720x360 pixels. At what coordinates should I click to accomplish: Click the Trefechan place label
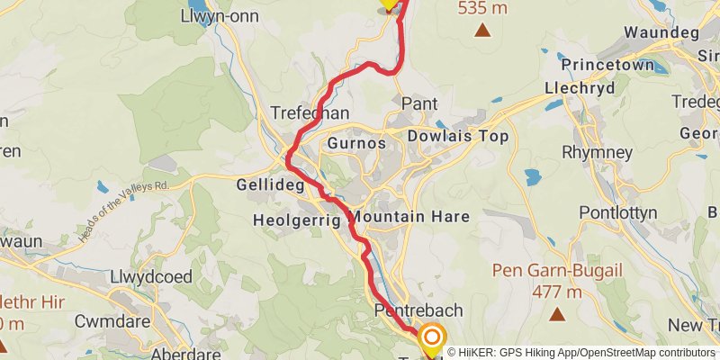point(310,113)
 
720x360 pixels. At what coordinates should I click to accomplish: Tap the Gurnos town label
point(357,143)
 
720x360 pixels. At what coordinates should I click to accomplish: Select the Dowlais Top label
point(458,136)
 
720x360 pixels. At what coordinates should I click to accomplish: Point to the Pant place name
point(418,103)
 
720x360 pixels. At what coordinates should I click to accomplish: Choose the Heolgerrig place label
point(297,219)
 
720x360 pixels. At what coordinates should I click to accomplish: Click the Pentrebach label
point(418,310)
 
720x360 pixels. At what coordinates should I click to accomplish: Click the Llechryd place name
point(580,89)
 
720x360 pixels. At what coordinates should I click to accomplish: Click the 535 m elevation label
point(482,8)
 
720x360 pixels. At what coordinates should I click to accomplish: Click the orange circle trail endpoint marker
point(433,338)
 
